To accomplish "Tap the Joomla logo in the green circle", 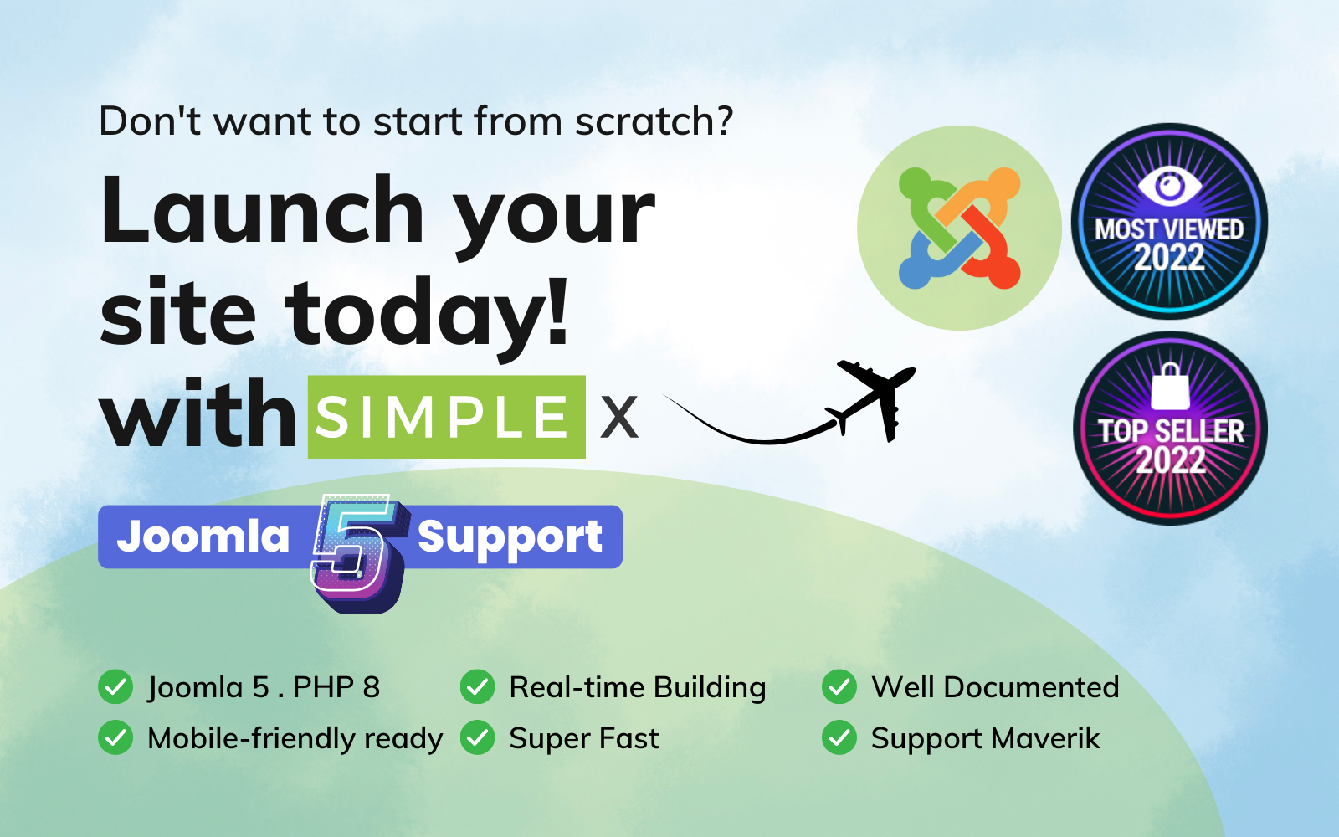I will (x=959, y=228).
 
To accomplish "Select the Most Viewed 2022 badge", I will (x=1169, y=222).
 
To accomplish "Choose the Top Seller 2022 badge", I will (x=1170, y=429).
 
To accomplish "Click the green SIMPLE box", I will (x=446, y=417).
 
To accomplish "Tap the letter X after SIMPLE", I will (x=619, y=417).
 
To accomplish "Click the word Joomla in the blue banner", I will (x=203, y=536).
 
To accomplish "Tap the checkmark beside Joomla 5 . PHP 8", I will (x=115, y=687).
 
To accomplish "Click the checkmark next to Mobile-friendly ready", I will (x=115, y=737).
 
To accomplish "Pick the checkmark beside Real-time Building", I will (x=478, y=687).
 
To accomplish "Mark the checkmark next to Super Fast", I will (x=478, y=737).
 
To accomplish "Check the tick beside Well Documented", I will (x=839, y=687).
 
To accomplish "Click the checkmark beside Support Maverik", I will (x=839, y=737).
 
